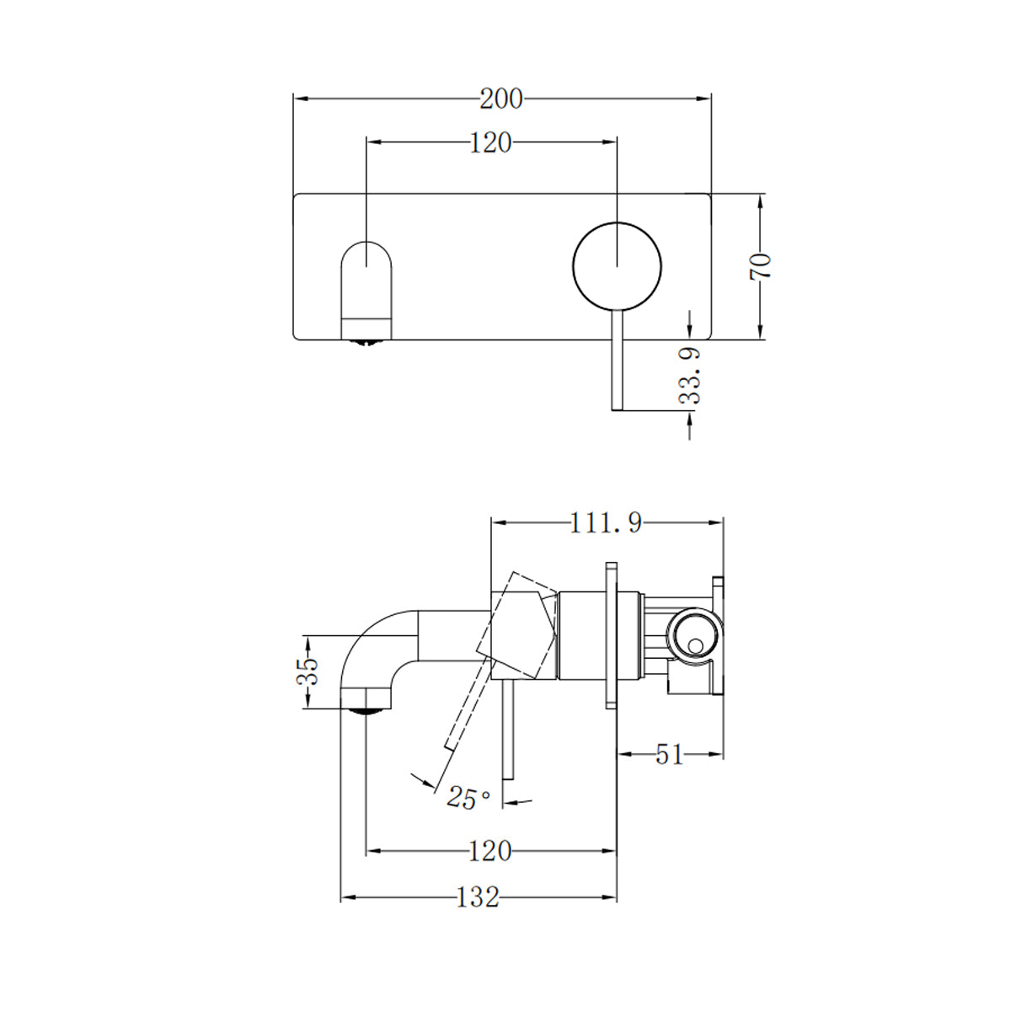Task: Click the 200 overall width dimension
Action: [501, 99]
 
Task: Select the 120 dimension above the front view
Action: [490, 143]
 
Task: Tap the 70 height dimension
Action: [761, 266]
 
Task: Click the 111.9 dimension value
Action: [606, 523]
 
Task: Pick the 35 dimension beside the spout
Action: [310, 671]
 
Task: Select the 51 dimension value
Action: [669, 755]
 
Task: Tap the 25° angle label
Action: [468, 798]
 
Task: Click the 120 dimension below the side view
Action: [489, 852]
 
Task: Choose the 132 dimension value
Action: [478, 897]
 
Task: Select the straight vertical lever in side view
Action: [506, 741]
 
